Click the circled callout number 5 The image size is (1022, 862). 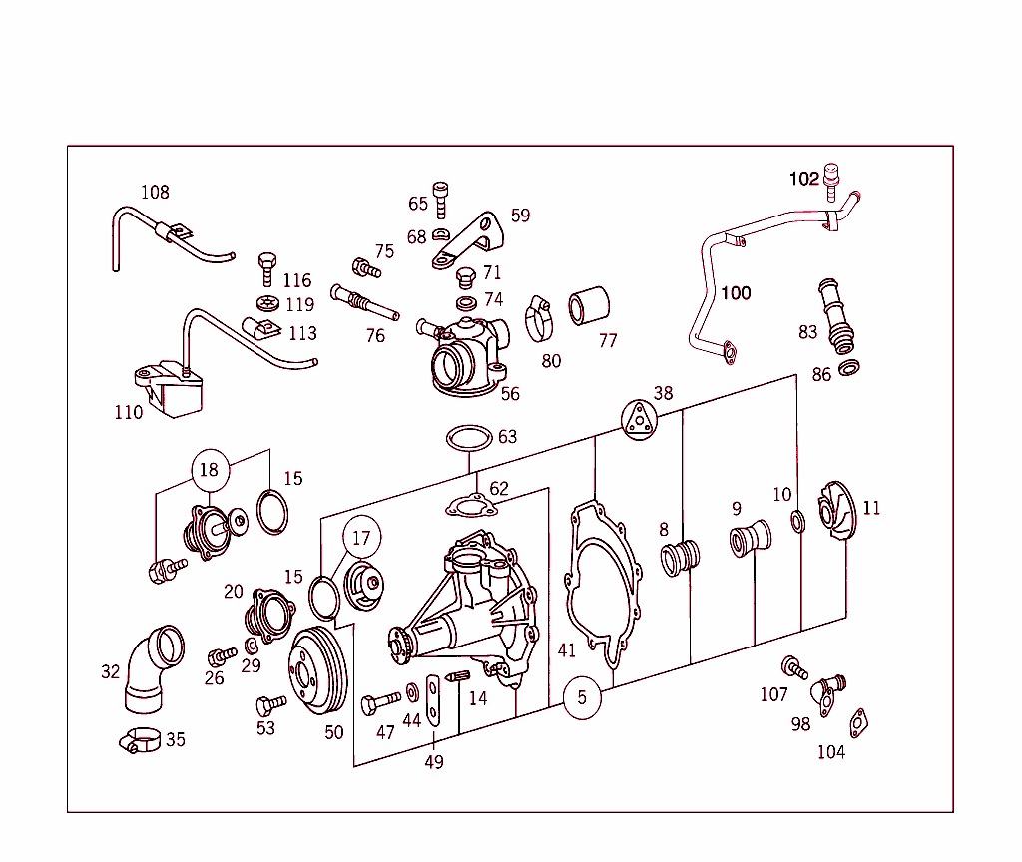[x=582, y=698]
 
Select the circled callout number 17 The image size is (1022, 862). [x=361, y=538]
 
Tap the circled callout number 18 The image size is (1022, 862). [x=209, y=470]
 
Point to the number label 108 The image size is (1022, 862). [x=155, y=193]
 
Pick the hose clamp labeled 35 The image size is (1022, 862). [x=140, y=741]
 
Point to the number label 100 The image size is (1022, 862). [x=736, y=293]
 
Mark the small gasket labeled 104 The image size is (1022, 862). [x=858, y=723]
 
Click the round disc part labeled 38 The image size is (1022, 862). [x=638, y=419]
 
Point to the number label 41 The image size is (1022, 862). [x=567, y=650]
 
